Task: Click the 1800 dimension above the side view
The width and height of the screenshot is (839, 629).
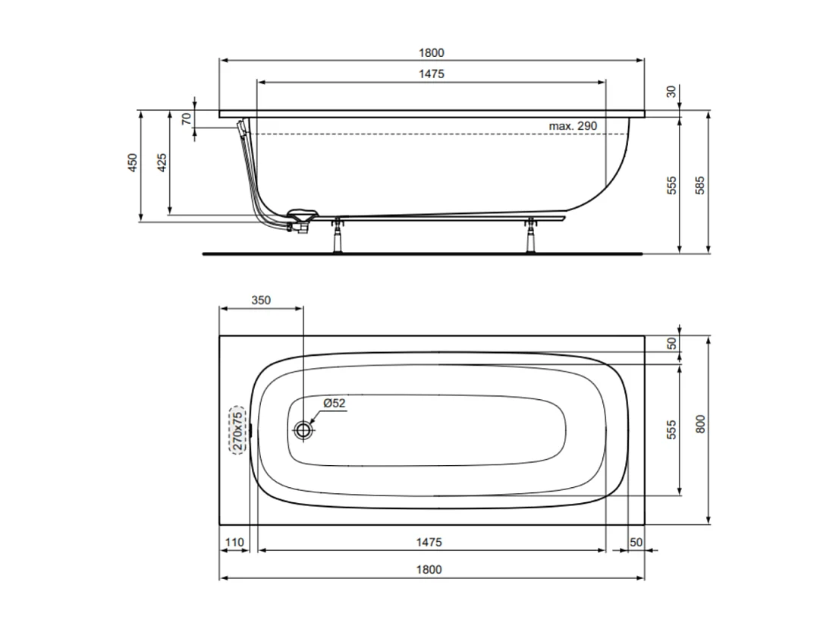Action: pyautogui.click(x=431, y=53)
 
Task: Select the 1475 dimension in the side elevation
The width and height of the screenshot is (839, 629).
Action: pyautogui.click(x=431, y=74)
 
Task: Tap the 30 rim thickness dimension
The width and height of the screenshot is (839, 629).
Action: pyautogui.click(x=671, y=92)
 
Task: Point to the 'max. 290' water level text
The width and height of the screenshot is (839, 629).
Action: pyautogui.click(x=573, y=125)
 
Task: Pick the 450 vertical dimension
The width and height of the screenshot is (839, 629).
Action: pyautogui.click(x=132, y=163)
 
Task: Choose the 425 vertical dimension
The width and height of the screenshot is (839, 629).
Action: pyautogui.click(x=162, y=163)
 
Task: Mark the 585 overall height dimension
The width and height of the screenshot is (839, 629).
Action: pyautogui.click(x=700, y=185)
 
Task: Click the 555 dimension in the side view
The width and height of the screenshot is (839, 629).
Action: pyautogui.click(x=671, y=185)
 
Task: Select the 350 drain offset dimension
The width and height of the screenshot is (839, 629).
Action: pyautogui.click(x=260, y=300)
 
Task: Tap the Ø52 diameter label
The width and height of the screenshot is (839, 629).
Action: pyautogui.click(x=335, y=404)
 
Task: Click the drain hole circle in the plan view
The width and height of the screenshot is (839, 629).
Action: pyautogui.click(x=304, y=430)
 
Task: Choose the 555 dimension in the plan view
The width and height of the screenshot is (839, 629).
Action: pyautogui.click(x=671, y=430)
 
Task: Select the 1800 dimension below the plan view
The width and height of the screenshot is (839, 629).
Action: pyautogui.click(x=431, y=569)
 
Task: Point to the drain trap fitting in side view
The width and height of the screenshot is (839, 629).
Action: pyautogui.click(x=302, y=220)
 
